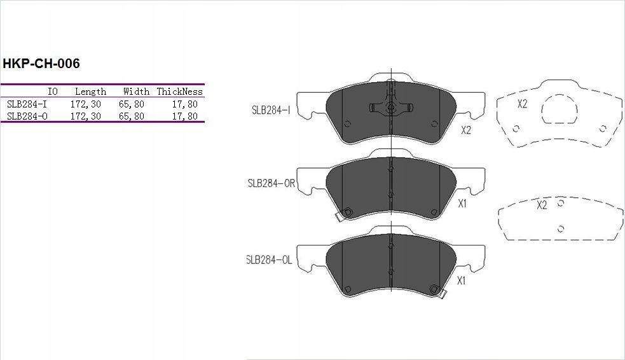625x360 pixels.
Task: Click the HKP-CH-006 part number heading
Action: click(41, 64)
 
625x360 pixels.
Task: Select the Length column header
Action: click(90, 92)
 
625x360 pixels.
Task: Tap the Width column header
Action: click(136, 92)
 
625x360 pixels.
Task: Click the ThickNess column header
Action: click(180, 92)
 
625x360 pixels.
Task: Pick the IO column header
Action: click(53, 92)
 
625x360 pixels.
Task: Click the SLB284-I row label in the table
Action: click(27, 104)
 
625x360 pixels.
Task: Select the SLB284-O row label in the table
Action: click(27, 116)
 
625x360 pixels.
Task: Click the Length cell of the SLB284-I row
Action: click(86, 104)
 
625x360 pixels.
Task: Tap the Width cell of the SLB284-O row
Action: click(132, 116)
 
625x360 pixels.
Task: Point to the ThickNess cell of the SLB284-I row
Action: click(185, 104)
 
